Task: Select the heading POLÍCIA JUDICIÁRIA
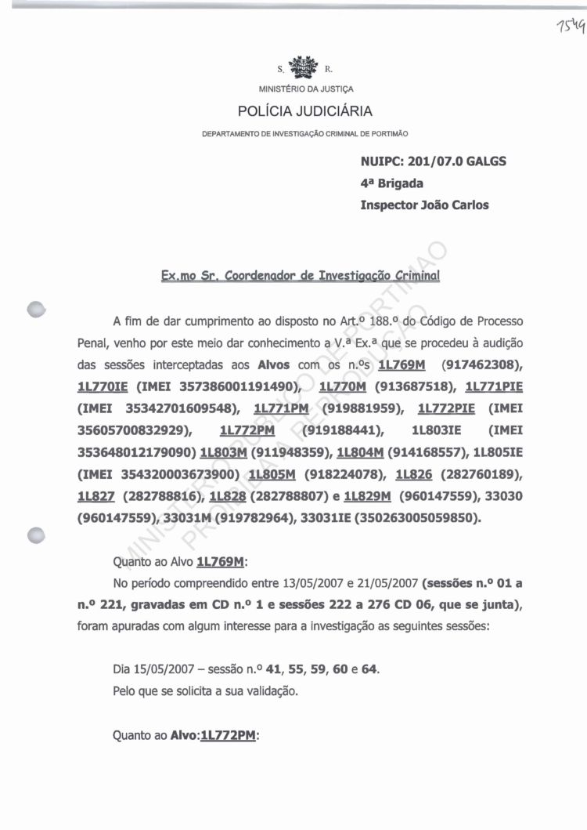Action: (x=305, y=111)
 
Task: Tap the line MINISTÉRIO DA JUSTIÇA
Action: (x=306, y=89)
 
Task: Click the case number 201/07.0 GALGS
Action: (x=461, y=162)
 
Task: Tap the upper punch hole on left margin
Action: (x=35, y=308)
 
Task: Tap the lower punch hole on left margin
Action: (x=35, y=535)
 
